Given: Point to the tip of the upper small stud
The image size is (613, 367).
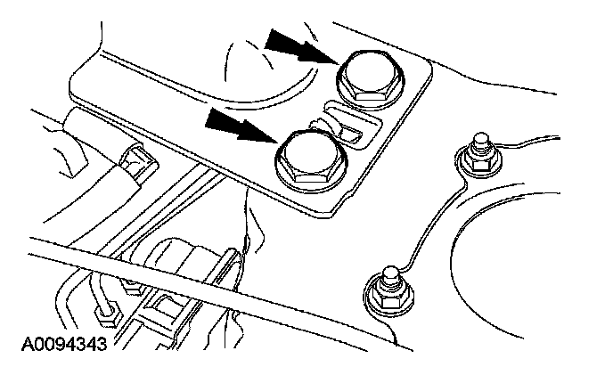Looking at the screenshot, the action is pyautogui.click(x=479, y=140).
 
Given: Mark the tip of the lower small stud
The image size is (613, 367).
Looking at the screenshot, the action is pyautogui.click(x=389, y=269).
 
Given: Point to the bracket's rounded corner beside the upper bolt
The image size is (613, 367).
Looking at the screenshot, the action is pyautogui.click(x=426, y=67).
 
